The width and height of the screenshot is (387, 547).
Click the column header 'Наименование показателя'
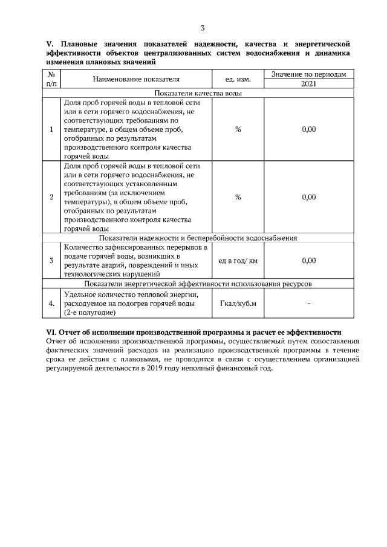pos(136,79)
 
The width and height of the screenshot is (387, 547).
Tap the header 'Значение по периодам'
pos(308,74)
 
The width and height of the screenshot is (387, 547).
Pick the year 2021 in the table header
pos(308,85)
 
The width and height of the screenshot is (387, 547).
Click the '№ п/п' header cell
pos(51,79)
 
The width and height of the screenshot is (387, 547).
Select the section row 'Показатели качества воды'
pos(198,94)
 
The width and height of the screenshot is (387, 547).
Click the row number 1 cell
pos(51,129)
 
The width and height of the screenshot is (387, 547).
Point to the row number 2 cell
pos(51,197)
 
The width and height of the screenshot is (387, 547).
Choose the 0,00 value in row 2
pos(308,197)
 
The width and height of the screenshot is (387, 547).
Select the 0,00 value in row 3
pos(308,261)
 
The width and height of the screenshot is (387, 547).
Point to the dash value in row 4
pos(308,303)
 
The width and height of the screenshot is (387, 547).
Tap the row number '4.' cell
pos(51,303)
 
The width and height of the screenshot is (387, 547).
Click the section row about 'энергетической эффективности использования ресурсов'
pos(198,283)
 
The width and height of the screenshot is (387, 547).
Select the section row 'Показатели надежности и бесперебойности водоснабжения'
pos(198,238)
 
